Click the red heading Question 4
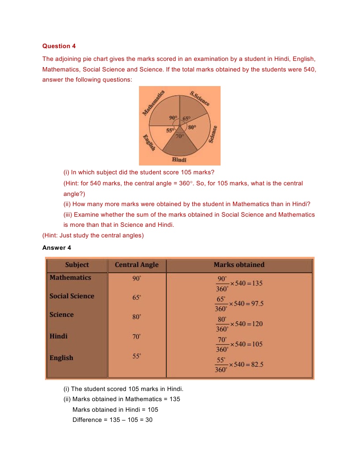click(x=56, y=46)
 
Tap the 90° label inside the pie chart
click(x=173, y=118)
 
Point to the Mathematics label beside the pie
click(x=154, y=103)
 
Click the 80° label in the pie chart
click(x=192, y=127)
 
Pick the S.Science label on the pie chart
click(x=199, y=98)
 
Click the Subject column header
click(x=77, y=265)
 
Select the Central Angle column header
click(x=136, y=265)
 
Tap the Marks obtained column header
click(x=239, y=265)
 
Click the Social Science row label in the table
click(x=71, y=296)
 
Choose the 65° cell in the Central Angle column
click(x=136, y=298)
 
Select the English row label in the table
click(x=61, y=358)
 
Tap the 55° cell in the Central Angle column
click(x=137, y=356)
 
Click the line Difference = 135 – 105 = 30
click(x=112, y=420)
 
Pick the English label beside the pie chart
click(x=149, y=142)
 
